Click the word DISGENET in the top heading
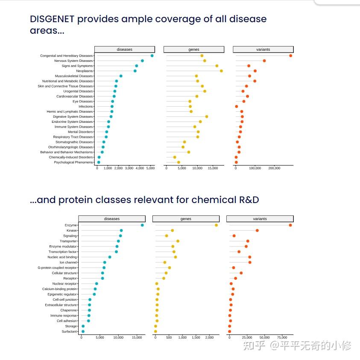click(x=52, y=19)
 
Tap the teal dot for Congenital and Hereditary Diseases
click(x=152, y=56)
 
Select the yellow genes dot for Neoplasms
click(x=221, y=71)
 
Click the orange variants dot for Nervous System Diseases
click(x=264, y=61)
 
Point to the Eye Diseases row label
click(x=82, y=102)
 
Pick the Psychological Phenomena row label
click(x=73, y=163)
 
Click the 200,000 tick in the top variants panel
click(x=274, y=168)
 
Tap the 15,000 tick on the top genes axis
click(x=213, y=168)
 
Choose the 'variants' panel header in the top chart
click(x=263, y=49)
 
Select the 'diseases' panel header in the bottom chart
click(x=112, y=219)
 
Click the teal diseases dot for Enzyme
click(x=142, y=225)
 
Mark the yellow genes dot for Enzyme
click(x=217, y=225)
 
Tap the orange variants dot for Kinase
click(x=257, y=230)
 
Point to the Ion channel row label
click(x=68, y=262)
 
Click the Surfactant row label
click(x=69, y=331)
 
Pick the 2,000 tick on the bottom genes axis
click(x=209, y=337)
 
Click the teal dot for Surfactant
click(x=83, y=331)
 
